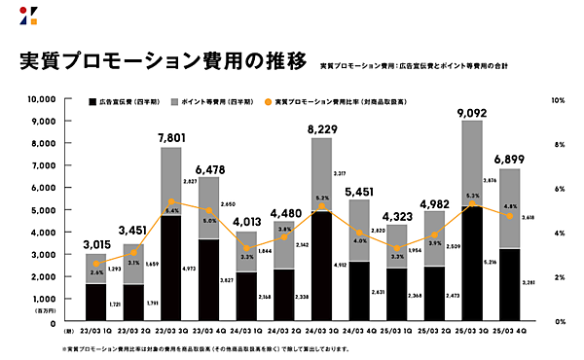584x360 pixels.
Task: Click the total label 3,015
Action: [95, 243]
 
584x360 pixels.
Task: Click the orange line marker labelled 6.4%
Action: [171, 201]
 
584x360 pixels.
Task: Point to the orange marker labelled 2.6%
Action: [95, 263]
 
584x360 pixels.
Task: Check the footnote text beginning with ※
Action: [195, 347]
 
